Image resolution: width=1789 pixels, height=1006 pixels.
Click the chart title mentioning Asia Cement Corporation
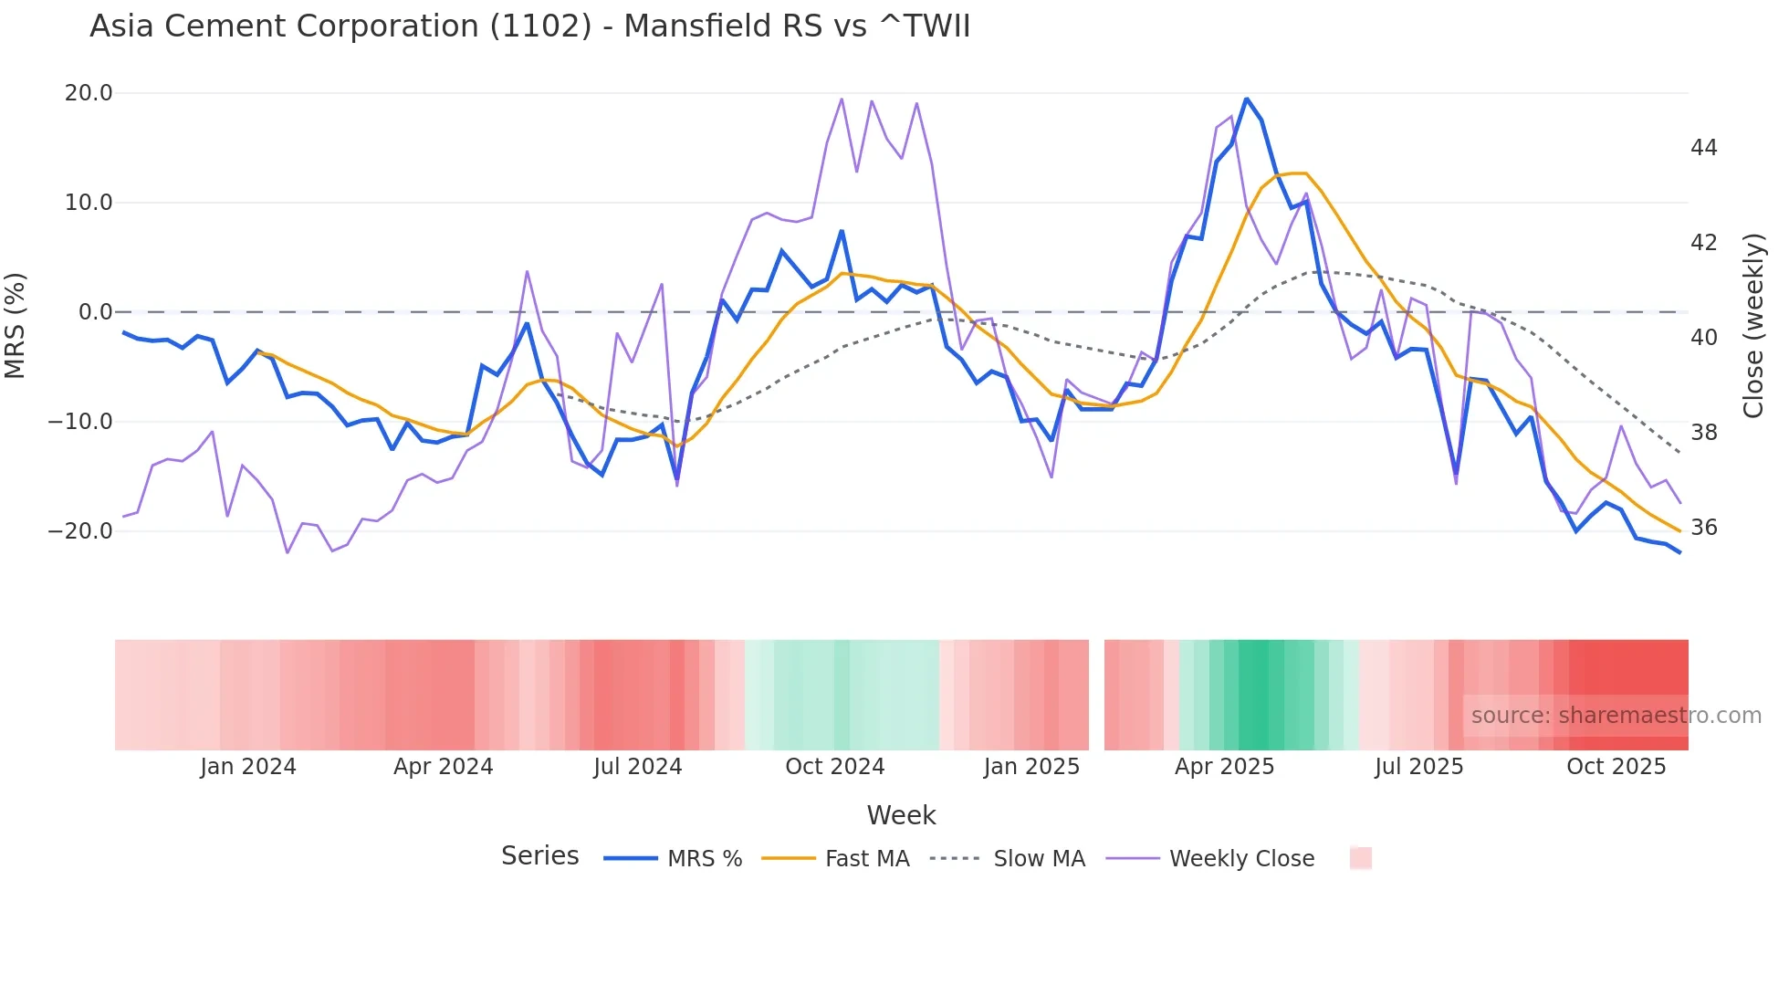click(x=529, y=26)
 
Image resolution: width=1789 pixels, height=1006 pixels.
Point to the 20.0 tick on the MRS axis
click(x=89, y=93)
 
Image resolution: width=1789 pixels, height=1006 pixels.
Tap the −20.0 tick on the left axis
click(x=80, y=531)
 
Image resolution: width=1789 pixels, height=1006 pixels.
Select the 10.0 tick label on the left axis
click(x=89, y=203)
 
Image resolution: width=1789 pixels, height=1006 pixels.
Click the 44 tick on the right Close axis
click(x=1703, y=148)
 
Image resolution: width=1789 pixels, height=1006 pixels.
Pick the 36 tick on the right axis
click(x=1703, y=528)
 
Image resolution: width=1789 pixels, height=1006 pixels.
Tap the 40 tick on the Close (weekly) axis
click(x=1703, y=338)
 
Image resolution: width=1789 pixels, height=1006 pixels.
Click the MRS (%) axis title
click(x=16, y=325)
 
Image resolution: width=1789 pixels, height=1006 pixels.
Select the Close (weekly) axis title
click(x=1753, y=325)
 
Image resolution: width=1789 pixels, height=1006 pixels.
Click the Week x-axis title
click(x=901, y=815)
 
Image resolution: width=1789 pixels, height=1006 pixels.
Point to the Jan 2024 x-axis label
click(x=248, y=767)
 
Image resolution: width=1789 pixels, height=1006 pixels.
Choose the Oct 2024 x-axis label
click(x=834, y=767)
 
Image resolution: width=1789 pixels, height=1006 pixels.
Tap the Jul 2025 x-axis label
click(x=1418, y=767)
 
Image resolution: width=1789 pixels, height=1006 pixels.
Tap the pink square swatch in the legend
click(x=1360, y=858)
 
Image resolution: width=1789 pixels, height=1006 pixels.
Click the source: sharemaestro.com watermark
click(x=1616, y=716)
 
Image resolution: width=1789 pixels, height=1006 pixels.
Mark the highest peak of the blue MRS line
click(x=1247, y=99)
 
